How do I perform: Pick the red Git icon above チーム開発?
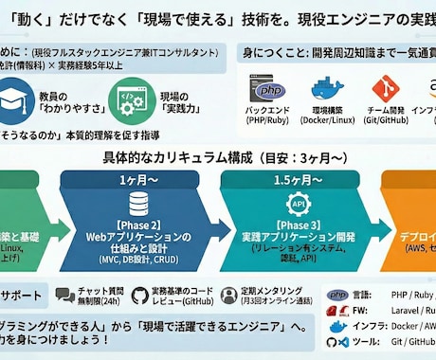(x=384, y=87)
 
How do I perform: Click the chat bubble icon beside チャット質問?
(x=65, y=296)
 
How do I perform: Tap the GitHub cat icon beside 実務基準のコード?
(x=140, y=296)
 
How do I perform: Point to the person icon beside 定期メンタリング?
(x=228, y=296)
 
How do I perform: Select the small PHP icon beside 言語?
(x=336, y=296)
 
